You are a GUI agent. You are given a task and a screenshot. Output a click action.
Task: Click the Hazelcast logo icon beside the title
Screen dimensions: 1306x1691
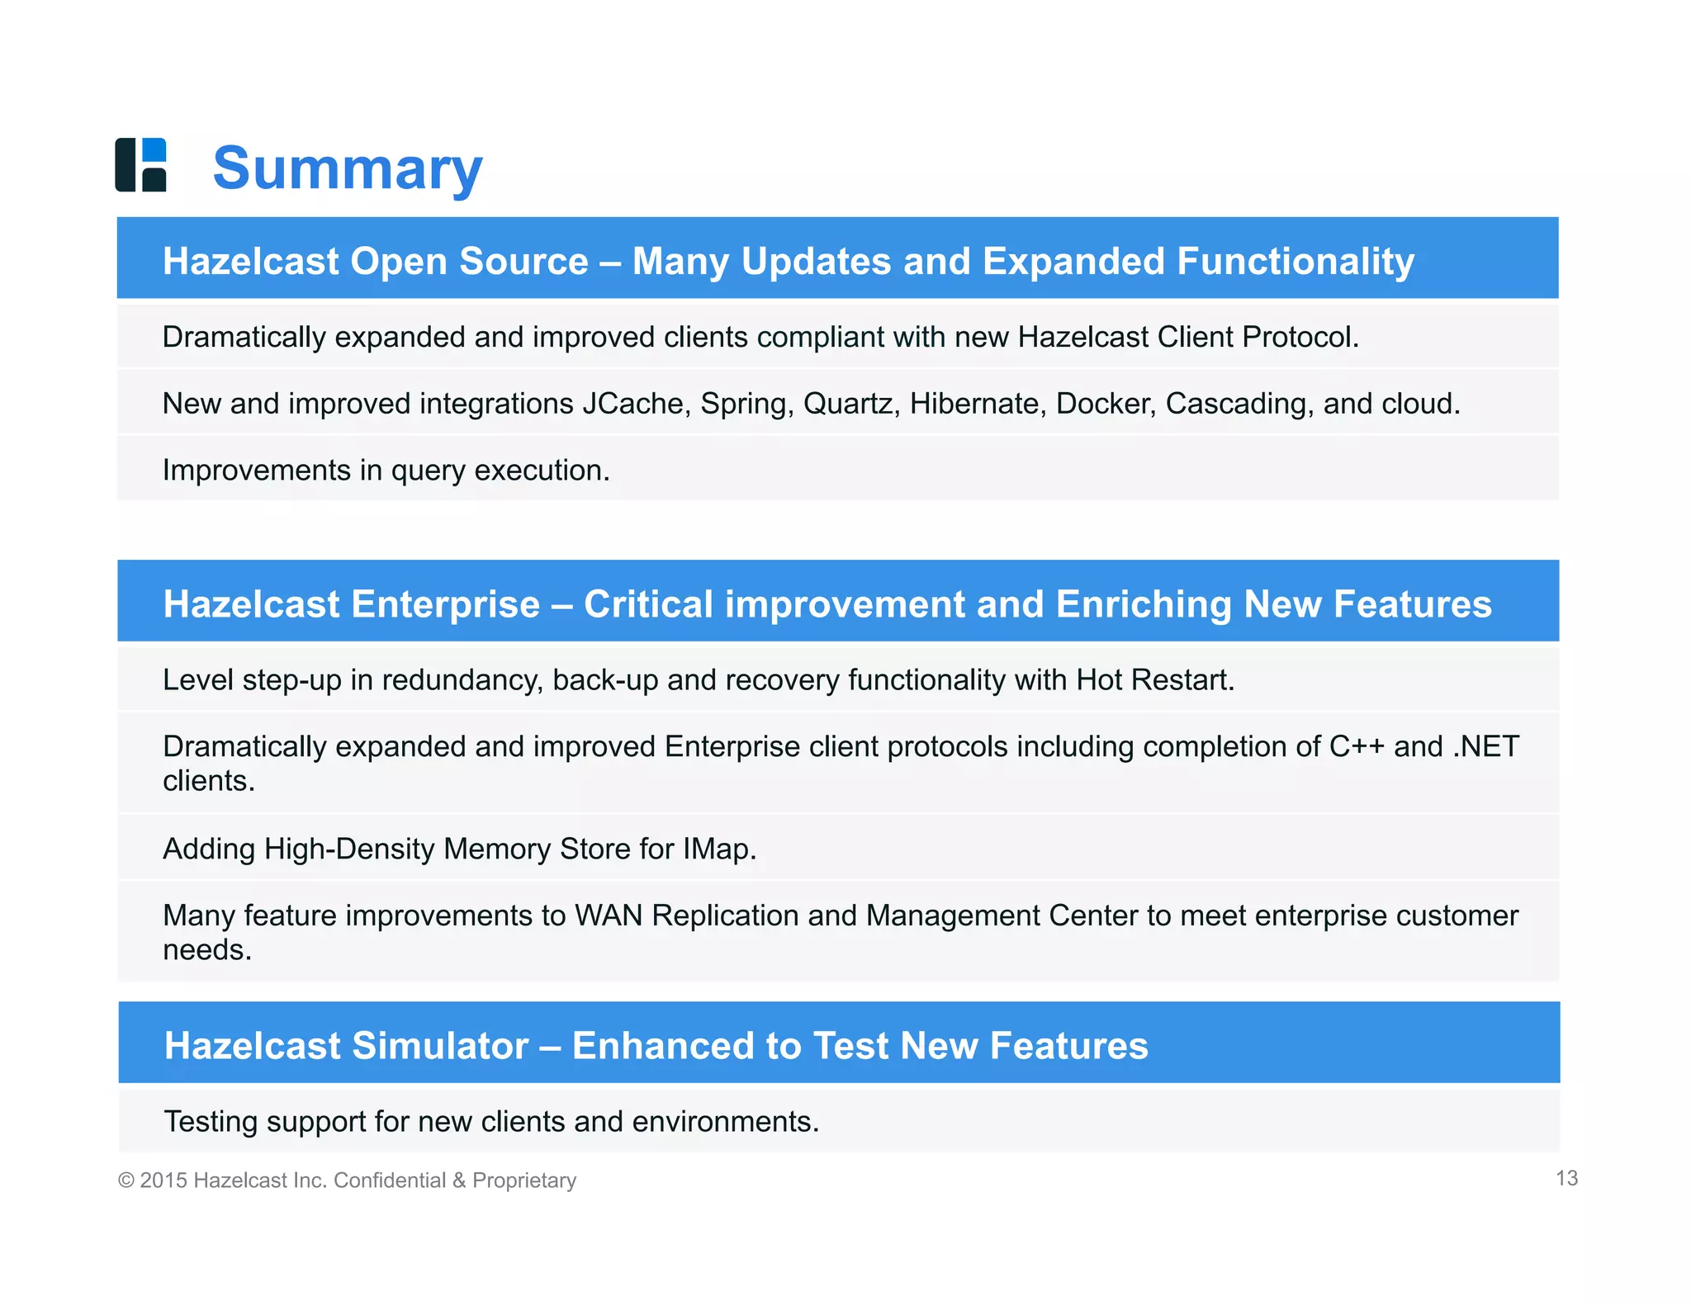pos(141,165)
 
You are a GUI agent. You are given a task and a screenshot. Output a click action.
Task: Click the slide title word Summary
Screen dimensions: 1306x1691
pos(348,168)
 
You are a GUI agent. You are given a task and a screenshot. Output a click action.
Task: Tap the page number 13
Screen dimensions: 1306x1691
pos(1566,1178)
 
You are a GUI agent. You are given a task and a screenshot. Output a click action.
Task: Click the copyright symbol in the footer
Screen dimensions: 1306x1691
pos(126,1181)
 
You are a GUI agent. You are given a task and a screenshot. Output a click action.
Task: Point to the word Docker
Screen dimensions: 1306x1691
pos(1105,404)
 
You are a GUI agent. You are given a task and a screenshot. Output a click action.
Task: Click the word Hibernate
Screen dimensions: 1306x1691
pos(978,404)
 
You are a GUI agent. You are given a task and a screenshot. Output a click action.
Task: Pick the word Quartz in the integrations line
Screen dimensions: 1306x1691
pos(851,404)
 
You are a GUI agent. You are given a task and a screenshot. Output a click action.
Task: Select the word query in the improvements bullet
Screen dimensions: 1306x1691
pos(429,471)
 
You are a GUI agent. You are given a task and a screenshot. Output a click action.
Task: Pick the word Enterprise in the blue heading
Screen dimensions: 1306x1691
pos(446,604)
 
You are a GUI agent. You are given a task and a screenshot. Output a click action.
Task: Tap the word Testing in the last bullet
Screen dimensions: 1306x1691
pos(211,1121)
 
